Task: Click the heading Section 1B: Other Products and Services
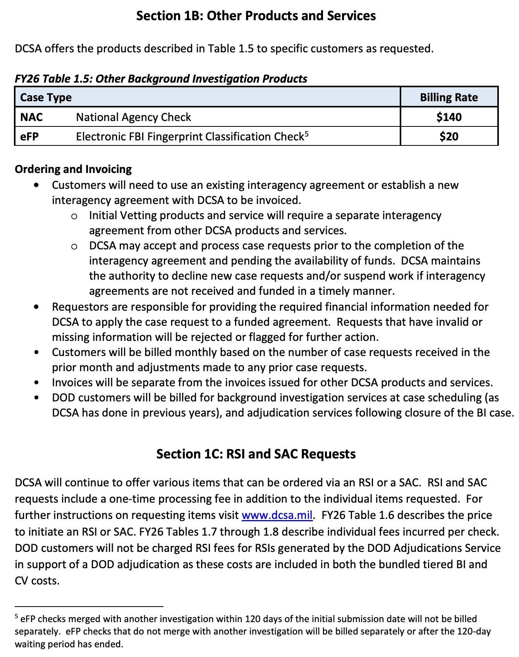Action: [x=256, y=16]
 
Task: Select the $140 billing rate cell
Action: [x=449, y=117]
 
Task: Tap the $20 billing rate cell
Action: [x=449, y=137]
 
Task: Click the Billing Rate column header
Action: [x=449, y=97]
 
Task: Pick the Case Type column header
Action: [x=46, y=97]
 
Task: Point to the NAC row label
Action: [x=31, y=117]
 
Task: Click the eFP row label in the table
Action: [x=29, y=137]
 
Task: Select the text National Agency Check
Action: [x=133, y=117]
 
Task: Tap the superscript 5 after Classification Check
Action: [x=306, y=134]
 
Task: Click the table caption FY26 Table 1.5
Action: [x=161, y=79]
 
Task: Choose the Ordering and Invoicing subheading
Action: [x=73, y=169]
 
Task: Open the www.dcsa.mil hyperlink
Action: [x=277, y=515]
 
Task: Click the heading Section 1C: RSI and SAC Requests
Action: [x=256, y=454]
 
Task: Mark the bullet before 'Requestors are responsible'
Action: [x=36, y=307]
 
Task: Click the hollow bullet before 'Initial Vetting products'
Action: [x=74, y=216]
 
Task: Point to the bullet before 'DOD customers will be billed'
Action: [x=36, y=398]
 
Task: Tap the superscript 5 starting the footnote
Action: [x=16, y=616]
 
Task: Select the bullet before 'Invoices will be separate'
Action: [x=36, y=382]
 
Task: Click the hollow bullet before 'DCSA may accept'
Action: [x=74, y=246]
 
